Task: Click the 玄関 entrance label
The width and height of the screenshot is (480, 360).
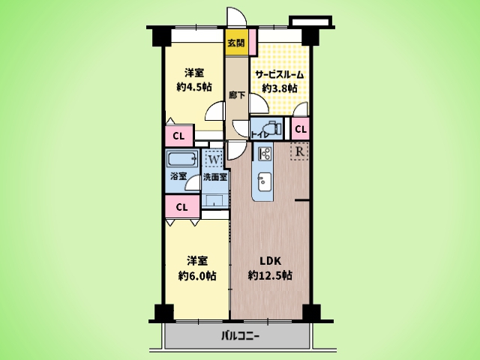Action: tap(236, 43)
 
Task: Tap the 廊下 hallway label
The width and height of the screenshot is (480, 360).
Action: tap(237, 95)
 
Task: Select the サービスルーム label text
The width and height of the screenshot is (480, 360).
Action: tap(280, 74)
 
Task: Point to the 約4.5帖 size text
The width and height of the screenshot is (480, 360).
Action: tap(194, 87)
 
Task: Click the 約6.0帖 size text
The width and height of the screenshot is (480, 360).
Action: tap(197, 276)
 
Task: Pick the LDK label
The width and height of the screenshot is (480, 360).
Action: tap(270, 261)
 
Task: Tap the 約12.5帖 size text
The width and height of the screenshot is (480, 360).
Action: tap(270, 275)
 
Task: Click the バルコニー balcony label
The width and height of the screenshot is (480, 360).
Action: tap(241, 337)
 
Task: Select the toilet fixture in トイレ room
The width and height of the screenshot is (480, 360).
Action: tap(272, 128)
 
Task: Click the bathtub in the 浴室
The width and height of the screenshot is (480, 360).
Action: tap(182, 159)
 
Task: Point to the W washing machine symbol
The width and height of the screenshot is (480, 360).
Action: tap(214, 159)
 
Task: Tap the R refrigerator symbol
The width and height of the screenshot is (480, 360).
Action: tap(300, 151)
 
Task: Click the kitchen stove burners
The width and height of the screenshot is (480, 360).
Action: tap(265, 154)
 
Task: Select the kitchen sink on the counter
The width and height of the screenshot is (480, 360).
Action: tap(264, 181)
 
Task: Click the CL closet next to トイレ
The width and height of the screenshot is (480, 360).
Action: tap(300, 129)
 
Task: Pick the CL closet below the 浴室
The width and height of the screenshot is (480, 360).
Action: tap(182, 207)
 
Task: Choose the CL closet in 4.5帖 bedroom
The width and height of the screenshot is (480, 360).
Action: tap(179, 136)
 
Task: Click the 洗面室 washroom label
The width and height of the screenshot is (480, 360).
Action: tap(215, 177)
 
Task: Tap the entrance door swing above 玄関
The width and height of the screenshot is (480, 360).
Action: tap(236, 17)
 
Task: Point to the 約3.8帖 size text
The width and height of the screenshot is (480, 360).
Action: tap(280, 88)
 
